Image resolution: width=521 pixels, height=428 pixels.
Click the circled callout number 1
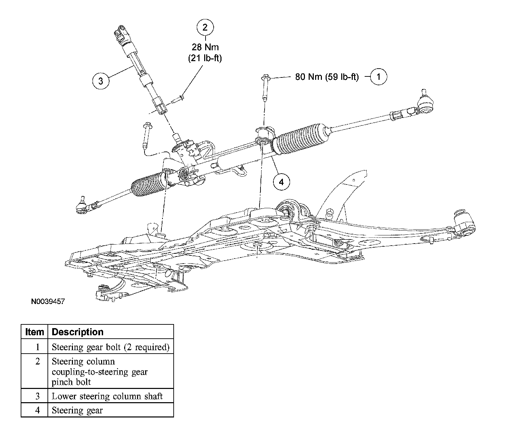[x=378, y=77]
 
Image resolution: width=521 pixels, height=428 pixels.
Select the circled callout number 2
[x=205, y=27]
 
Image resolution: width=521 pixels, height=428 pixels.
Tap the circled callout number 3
[x=100, y=81]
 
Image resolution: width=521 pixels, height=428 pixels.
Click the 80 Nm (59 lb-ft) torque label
[x=327, y=77]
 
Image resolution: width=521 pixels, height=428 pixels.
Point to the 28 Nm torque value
[x=205, y=47]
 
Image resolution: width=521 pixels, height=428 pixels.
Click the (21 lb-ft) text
[x=205, y=58]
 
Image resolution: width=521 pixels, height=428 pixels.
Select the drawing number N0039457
[x=47, y=302]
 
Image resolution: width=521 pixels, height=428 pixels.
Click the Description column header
[x=78, y=332]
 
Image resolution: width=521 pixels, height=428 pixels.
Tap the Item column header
[x=35, y=332]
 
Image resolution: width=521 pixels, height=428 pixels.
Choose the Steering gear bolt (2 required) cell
[x=111, y=347]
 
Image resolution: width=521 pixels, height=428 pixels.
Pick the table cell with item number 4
[x=37, y=410]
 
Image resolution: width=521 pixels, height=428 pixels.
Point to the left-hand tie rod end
[x=81, y=206]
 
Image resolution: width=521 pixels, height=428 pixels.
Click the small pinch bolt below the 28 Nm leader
[x=178, y=100]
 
